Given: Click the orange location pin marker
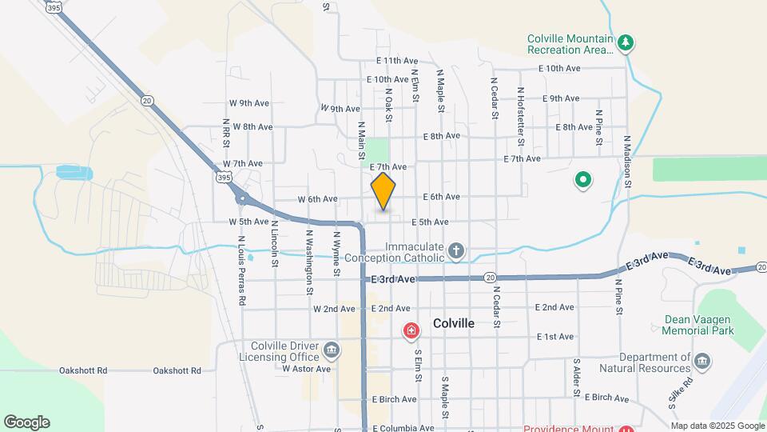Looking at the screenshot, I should (383, 191).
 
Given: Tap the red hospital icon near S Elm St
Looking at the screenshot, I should (411, 330).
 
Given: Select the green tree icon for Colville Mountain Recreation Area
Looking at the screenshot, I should (627, 42).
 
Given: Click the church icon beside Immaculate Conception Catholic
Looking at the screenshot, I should (455, 252).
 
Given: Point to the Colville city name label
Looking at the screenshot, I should (454, 323).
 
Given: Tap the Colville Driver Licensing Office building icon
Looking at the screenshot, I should (332, 350).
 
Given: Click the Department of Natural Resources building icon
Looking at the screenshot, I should (701, 362).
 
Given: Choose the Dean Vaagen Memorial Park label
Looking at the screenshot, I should (699, 324).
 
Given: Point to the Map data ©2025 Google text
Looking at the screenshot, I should (717, 426).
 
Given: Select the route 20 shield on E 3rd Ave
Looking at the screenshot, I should (489, 277).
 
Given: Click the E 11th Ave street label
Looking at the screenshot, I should (398, 61).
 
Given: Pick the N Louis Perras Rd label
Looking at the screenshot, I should (240, 270).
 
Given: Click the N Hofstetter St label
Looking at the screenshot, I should (520, 116).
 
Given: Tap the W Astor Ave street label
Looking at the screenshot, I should (306, 369).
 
